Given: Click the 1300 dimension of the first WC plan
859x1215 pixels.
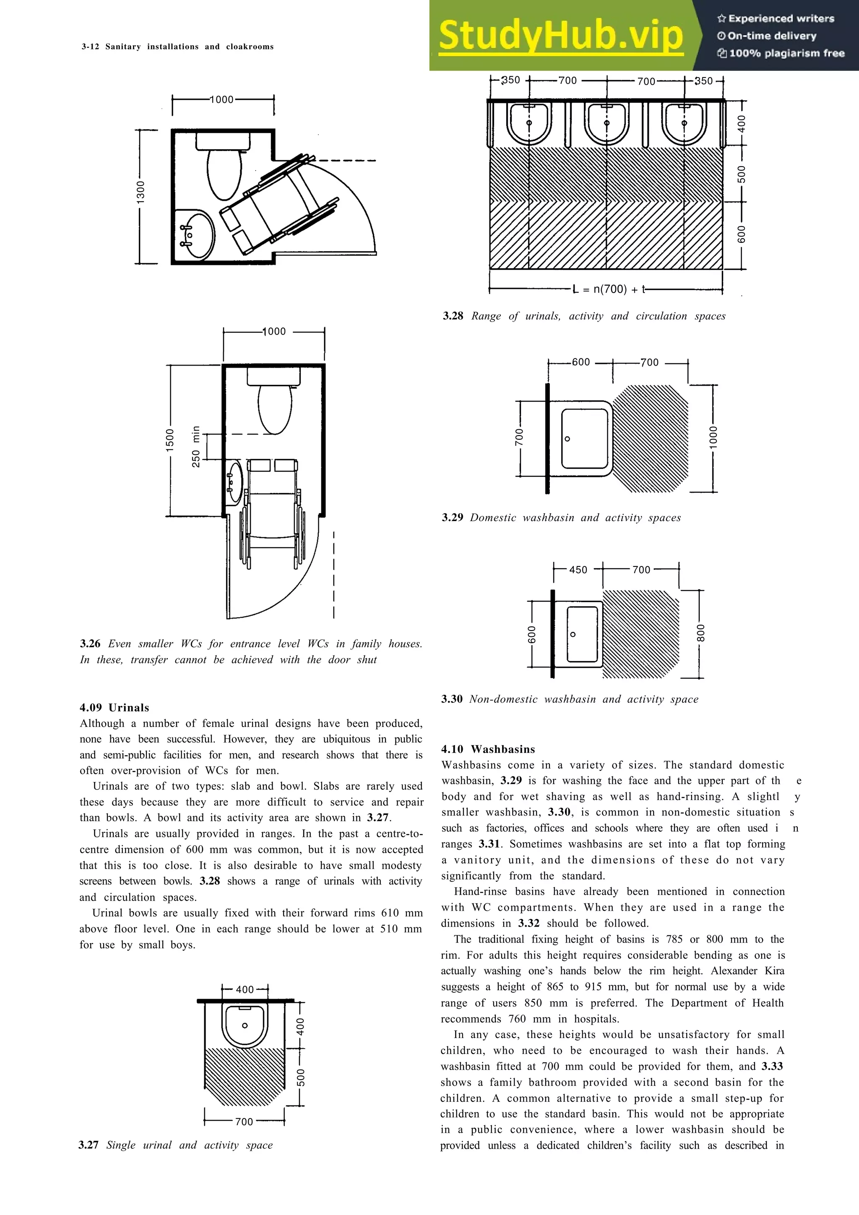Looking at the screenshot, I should click(x=140, y=192).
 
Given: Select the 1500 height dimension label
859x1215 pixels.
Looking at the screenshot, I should click(x=170, y=440).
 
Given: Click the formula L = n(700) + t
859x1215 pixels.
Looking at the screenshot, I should click(x=609, y=289).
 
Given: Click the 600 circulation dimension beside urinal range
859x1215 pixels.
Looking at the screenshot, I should click(x=742, y=235).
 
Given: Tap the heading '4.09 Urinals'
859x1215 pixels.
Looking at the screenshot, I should click(x=115, y=708).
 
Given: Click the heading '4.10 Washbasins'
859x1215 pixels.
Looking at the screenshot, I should click(x=488, y=749).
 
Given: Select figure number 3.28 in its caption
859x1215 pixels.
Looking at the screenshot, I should click(x=453, y=316).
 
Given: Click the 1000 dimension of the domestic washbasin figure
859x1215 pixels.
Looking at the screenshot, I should click(x=713, y=438).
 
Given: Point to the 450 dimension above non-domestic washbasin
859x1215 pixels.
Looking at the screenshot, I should click(x=578, y=569).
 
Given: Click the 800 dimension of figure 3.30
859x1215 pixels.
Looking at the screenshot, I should click(x=700, y=633).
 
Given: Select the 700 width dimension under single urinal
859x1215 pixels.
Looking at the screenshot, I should click(x=244, y=1122).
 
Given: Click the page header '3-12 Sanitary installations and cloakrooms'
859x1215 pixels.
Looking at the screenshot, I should click(x=177, y=47).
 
